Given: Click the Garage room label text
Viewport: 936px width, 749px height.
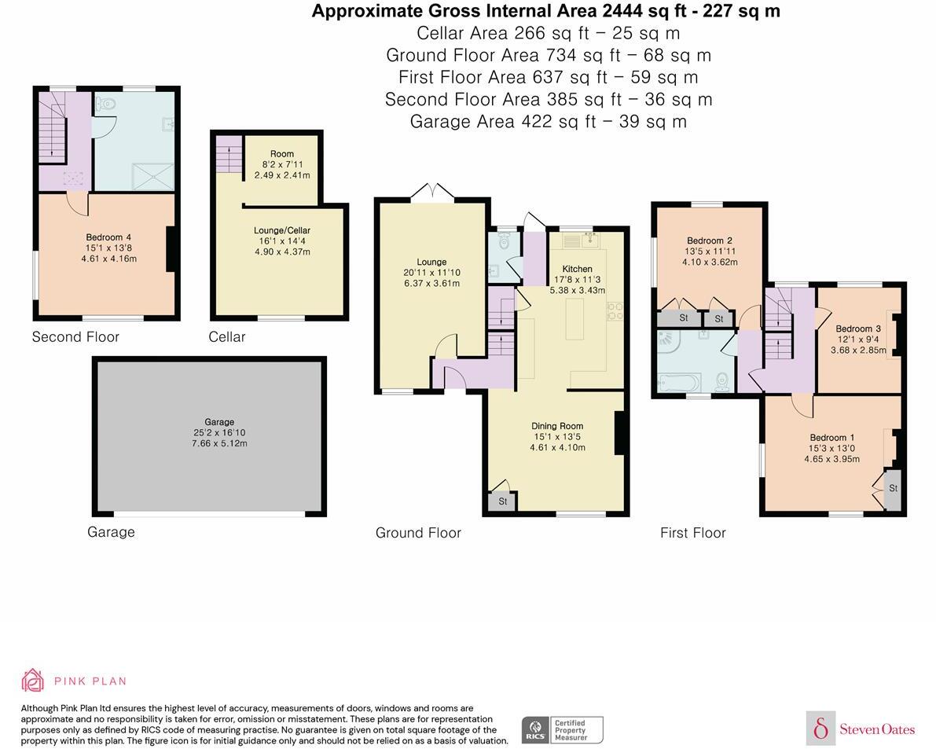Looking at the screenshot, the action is click(x=220, y=422).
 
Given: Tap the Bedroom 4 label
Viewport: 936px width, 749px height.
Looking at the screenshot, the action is click(x=108, y=237).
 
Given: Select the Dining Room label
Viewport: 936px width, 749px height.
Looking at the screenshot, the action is click(x=557, y=426).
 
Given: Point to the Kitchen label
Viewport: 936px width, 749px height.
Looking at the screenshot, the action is click(x=578, y=269).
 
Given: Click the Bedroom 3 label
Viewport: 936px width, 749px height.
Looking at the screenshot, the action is click(x=857, y=329).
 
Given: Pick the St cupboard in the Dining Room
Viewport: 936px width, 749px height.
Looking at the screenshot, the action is click(x=503, y=501).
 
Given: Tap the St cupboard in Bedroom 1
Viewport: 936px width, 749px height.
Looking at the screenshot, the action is click(x=893, y=489).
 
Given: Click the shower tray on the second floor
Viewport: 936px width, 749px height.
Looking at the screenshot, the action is click(x=153, y=177).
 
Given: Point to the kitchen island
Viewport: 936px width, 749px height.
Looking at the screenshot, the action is click(x=574, y=319).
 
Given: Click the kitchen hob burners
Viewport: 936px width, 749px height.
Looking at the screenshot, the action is click(x=615, y=311).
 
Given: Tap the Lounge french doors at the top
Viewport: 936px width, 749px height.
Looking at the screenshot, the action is click(x=433, y=192).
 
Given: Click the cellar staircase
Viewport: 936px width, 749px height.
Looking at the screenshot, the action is click(x=229, y=154).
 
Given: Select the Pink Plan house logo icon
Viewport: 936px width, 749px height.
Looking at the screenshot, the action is click(x=32, y=681).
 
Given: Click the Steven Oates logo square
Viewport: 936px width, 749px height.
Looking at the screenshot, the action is click(x=820, y=729).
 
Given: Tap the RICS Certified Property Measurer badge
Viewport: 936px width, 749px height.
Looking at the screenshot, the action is click(x=563, y=730).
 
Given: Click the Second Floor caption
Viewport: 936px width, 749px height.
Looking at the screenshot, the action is click(x=75, y=337).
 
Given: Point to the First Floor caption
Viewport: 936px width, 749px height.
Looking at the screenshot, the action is click(x=693, y=533).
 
